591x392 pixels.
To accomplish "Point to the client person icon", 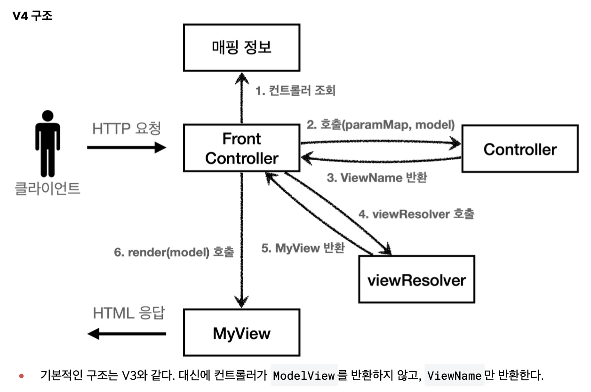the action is click(48, 143).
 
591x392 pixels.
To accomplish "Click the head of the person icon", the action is click(48, 116).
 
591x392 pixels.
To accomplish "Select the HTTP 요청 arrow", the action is click(127, 147).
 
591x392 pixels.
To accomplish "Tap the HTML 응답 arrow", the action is click(127, 334).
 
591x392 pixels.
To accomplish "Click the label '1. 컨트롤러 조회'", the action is click(295, 90).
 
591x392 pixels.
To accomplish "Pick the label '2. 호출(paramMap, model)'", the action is click(381, 125).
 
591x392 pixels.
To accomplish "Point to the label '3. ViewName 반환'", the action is click(377, 178).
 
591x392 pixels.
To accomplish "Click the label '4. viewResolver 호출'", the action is click(416, 214).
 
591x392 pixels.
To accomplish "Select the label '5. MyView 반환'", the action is click(303, 248).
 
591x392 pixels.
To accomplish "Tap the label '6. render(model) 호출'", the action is click(174, 252).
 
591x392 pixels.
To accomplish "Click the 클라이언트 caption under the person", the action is click(48, 188).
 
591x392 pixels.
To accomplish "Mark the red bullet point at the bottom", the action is click(22, 376).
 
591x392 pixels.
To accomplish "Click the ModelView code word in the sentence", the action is click(304, 376).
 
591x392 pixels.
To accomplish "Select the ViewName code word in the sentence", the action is click(455, 376).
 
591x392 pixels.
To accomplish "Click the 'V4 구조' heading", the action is click(32, 16).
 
